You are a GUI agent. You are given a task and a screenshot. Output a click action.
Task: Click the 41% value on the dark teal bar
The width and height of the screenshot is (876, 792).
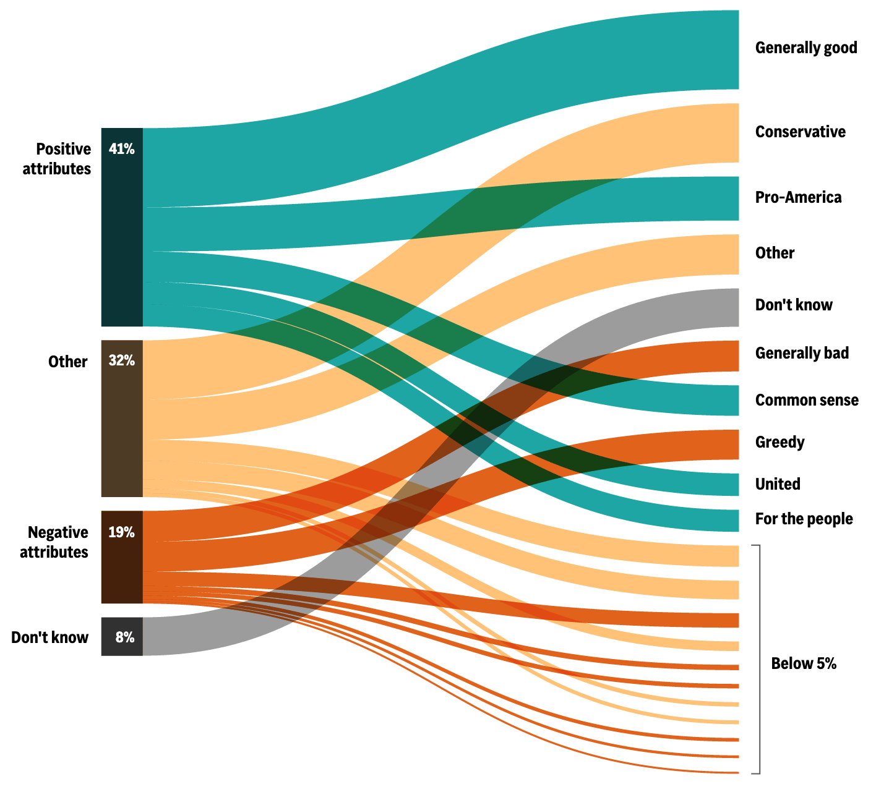121,148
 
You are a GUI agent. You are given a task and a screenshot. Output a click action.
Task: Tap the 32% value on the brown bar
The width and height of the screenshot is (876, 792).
121,360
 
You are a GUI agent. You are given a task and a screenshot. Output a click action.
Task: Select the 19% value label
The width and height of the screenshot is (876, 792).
121,532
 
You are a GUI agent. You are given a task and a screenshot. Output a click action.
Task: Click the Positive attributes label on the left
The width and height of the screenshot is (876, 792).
57,158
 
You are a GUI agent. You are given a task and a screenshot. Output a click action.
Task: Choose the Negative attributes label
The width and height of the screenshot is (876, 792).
54,542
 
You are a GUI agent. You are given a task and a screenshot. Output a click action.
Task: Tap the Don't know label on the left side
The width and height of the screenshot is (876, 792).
49,637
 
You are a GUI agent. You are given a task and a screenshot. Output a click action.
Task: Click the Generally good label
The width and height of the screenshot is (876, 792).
805,48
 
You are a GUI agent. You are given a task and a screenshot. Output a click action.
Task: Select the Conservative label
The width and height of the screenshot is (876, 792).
800,132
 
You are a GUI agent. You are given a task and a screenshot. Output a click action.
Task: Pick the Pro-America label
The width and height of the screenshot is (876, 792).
798,197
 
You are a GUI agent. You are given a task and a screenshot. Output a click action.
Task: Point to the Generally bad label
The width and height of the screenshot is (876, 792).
802,353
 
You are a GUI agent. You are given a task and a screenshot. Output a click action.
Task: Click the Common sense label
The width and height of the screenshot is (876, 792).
806,400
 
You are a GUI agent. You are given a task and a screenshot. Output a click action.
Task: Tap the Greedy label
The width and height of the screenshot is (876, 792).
779,442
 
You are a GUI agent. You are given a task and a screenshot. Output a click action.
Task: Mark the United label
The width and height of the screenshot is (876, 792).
778,483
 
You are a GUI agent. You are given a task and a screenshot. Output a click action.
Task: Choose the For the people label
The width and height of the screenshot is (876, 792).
804,519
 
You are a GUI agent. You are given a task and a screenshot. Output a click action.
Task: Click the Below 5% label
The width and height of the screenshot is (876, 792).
803,663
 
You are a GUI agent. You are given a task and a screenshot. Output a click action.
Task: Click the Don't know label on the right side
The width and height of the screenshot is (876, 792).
794,305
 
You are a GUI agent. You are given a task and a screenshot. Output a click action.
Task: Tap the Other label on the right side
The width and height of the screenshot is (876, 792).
775,253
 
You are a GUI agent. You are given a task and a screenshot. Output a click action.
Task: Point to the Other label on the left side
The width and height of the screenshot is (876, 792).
67,362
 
